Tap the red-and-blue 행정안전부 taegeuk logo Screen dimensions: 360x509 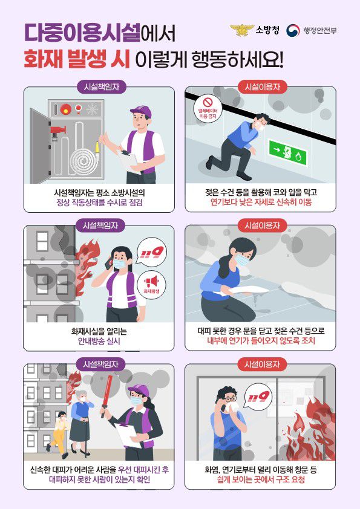click(x=293, y=30)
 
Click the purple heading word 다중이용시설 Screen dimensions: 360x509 click(x=82, y=33)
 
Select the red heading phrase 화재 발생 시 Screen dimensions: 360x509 click(x=77, y=59)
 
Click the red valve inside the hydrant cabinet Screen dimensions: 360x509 click(x=58, y=130)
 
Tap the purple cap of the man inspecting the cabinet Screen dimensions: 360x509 click(x=142, y=111)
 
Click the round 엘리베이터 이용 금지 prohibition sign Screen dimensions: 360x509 click(x=208, y=108)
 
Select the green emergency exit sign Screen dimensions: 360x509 click(x=287, y=152)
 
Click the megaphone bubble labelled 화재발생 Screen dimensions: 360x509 click(x=151, y=284)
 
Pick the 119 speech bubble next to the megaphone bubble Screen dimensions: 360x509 click(x=152, y=253)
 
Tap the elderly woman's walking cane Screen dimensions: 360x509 click(x=86, y=438)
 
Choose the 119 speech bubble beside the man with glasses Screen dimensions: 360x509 click(x=258, y=397)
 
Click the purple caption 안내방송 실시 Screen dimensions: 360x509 click(x=99, y=341)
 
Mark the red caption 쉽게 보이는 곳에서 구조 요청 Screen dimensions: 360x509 click(x=261, y=479)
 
